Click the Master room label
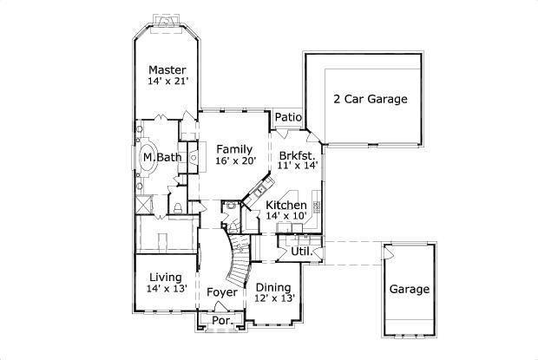168,69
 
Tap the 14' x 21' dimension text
168,82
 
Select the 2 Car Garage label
370,99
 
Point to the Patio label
287,117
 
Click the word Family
234,148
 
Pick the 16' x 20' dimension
234,160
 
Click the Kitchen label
286,206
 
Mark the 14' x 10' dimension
286,217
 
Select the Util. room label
300,252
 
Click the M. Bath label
162,157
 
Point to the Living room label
165,277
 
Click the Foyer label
222,292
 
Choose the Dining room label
274,287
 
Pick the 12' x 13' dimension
274,298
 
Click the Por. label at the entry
222,321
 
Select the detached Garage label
409,289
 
